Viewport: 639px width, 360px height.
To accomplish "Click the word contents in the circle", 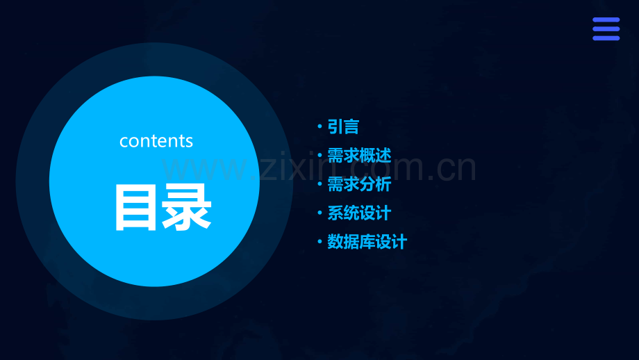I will click(x=156, y=140).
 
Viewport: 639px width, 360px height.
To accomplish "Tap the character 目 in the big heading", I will click(x=135, y=207).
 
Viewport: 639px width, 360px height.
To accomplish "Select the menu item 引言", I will click(x=343, y=126).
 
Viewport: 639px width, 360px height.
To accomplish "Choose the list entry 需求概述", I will click(x=359, y=155).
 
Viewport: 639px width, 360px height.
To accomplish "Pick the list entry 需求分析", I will click(x=359, y=184).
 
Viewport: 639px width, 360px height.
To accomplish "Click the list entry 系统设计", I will click(x=359, y=213).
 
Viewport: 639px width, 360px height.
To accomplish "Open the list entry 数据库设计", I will click(x=367, y=242).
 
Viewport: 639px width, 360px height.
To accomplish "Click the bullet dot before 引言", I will click(x=319, y=126).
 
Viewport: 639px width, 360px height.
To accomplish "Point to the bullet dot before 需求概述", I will click(x=319, y=156).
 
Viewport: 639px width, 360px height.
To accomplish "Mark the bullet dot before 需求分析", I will click(x=319, y=184).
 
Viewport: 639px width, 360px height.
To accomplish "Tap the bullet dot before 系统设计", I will click(x=319, y=213).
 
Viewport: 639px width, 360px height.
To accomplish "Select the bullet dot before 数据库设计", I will click(x=319, y=242).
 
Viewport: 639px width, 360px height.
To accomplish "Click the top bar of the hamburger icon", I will click(x=606, y=20).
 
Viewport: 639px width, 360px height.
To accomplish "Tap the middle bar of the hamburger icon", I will click(x=606, y=29).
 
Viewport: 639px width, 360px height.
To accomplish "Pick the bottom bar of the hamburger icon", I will click(x=606, y=38).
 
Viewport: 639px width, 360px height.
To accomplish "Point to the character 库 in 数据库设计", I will click(x=367, y=242).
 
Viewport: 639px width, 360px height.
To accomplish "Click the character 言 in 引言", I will click(x=351, y=126).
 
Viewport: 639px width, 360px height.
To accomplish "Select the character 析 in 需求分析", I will click(x=383, y=184).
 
